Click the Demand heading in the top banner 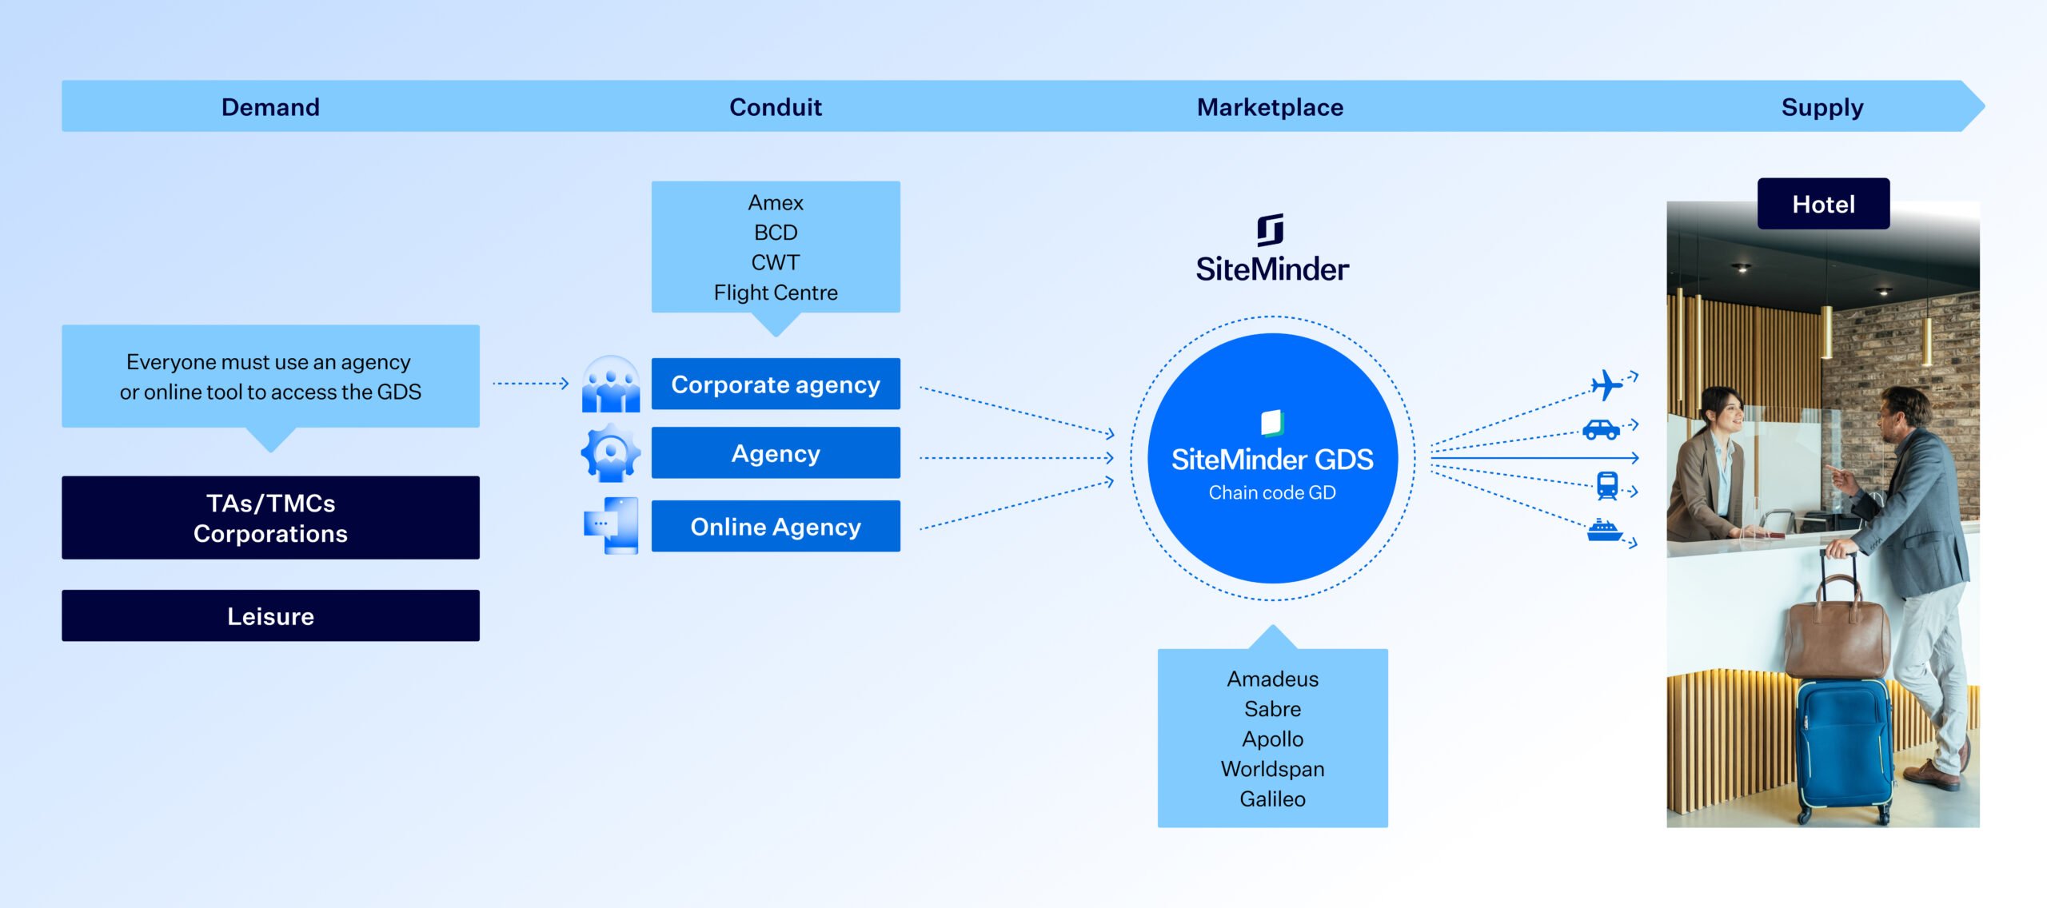[x=270, y=107]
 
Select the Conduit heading [x=775, y=107]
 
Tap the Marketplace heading [x=1270, y=107]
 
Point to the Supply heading [x=1822, y=107]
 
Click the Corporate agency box [x=775, y=384]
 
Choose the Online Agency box [x=775, y=527]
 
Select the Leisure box [x=270, y=616]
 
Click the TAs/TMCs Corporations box [x=270, y=518]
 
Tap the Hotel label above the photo [x=1823, y=205]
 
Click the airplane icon [x=1606, y=385]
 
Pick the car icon [x=1601, y=430]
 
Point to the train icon [x=1606, y=484]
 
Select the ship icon [x=1603, y=530]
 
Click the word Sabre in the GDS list [x=1272, y=709]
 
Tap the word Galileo [x=1272, y=798]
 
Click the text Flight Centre [x=775, y=293]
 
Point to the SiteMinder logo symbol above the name [x=1271, y=230]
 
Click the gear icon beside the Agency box [x=610, y=453]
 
